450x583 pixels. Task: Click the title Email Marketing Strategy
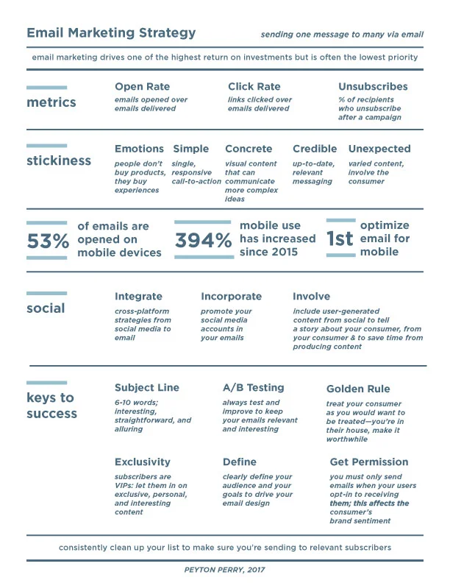tap(111, 32)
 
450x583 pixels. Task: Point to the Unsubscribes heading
tap(373, 87)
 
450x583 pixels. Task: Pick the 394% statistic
tap(203, 240)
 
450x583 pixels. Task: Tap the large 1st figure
tap(340, 239)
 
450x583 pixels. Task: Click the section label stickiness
tap(59, 160)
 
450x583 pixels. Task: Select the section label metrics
tap(51, 102)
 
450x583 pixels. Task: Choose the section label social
tap(46, 308)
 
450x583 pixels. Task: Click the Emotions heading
tap(139, 149)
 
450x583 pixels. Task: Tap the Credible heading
tap(315, 149)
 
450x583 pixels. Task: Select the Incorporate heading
tap(231, 296)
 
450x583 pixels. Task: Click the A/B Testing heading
tap(253, 387)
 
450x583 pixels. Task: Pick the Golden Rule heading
tap(358, 389)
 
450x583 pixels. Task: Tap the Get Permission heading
tap(369, 462)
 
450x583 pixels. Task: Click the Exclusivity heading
tap(142, 462)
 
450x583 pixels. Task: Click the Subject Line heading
tap(146, 387)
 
